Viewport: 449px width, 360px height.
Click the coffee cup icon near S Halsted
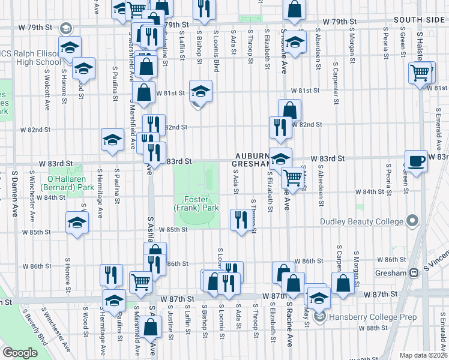click(x=416, y=161)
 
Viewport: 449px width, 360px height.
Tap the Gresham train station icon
click(x=414, y=273)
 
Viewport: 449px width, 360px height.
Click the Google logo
click(x=20, y=353)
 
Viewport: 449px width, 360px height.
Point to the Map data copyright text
click(x=423, y=355)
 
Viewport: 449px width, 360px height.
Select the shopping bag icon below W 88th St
click(x=151, y=328)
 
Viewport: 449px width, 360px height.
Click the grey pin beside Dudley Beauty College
click(x=412, y=221)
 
